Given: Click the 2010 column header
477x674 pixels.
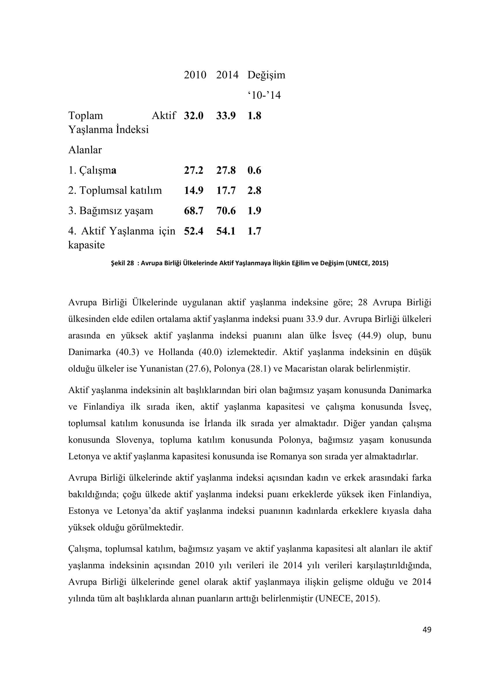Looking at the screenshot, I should click(195, 75).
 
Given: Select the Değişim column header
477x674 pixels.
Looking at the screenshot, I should click(266, 75).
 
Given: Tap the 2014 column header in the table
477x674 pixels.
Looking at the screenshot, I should click(227, 75).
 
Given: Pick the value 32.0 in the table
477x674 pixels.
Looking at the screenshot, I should click(194, 116).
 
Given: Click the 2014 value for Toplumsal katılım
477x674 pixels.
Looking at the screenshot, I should click(226, 190).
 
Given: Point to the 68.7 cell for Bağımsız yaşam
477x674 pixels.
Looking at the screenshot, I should click(194, 211).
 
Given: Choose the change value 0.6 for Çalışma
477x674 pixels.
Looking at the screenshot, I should click(254, 170).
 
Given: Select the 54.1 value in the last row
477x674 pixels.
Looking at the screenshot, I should click(226, 231).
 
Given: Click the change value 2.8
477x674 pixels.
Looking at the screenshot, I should click(254, 190).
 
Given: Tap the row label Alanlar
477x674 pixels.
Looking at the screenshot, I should click(85, 150).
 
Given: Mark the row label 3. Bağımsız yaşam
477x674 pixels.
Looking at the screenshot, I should click(111, 211).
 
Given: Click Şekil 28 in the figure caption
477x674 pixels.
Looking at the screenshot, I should click(122, 263).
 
